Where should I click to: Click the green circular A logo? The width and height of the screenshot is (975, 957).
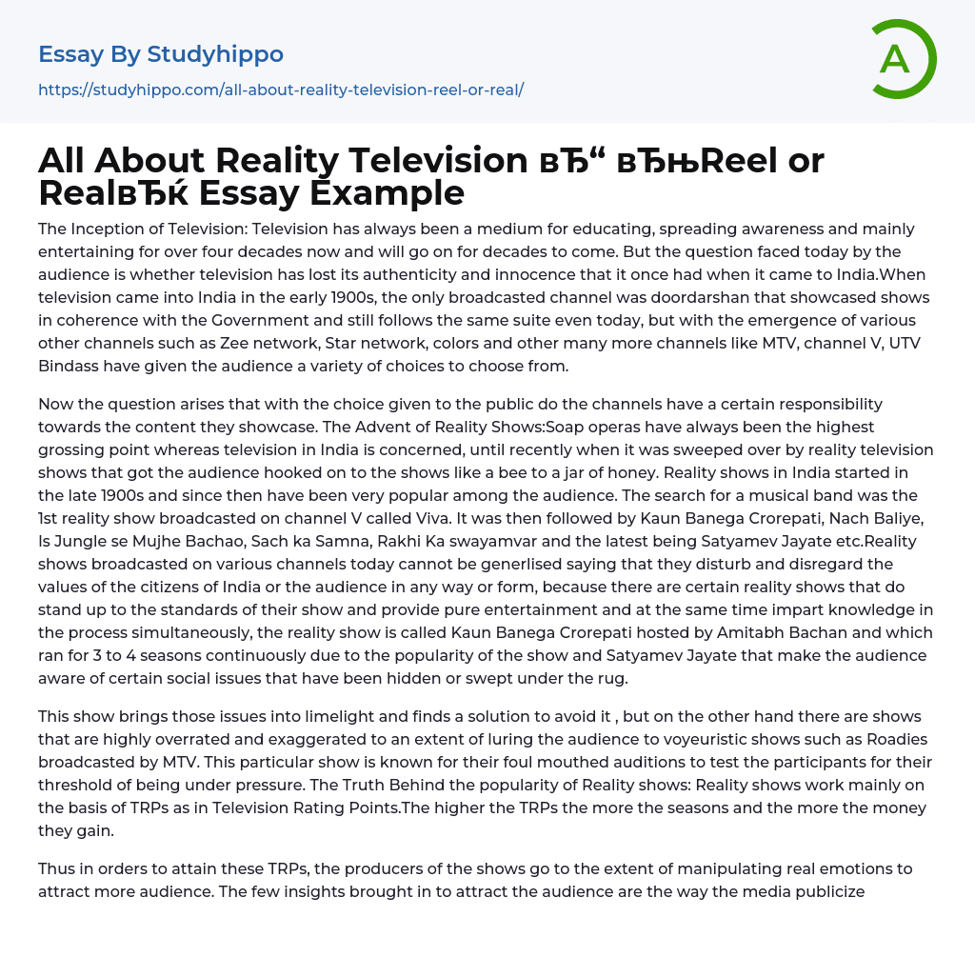coord(901,59)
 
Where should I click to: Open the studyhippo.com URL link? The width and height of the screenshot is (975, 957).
coord(281,90)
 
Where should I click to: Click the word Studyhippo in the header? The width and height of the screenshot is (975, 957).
coord(215,54)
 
